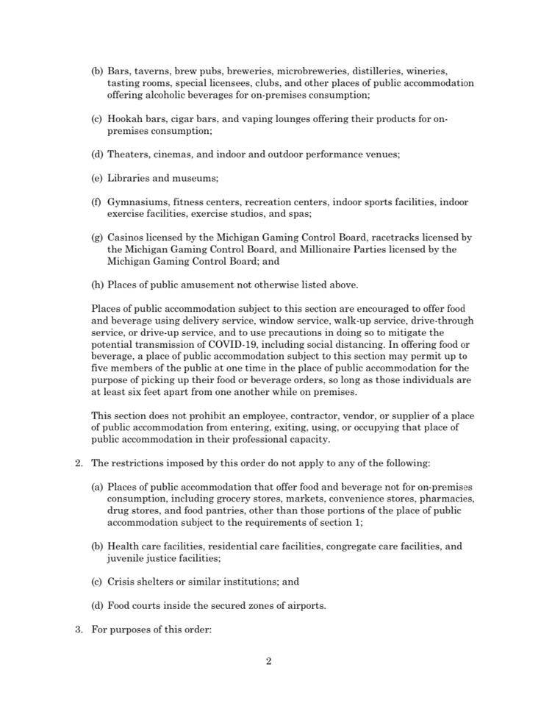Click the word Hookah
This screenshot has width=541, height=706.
pos(126,119)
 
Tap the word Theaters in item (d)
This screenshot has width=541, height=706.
pos(130,154)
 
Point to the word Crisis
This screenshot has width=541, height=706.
pos(123,582)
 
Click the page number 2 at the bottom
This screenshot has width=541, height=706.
pos(269,661)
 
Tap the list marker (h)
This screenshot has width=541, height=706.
pos(97,285)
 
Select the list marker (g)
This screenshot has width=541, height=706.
pos(97,238)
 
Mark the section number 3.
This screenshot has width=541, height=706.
pos(79,630)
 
